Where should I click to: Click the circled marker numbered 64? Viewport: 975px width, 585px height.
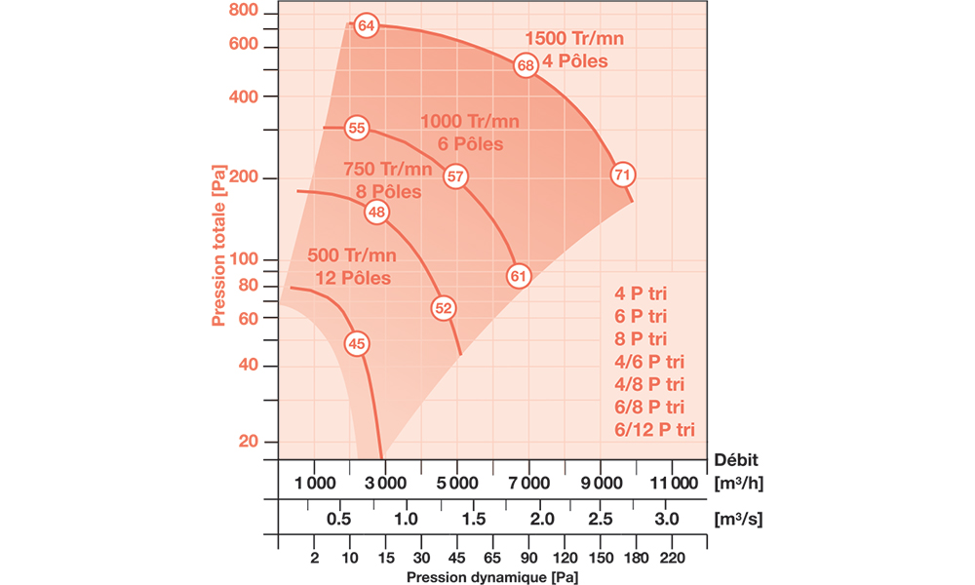(366, 25)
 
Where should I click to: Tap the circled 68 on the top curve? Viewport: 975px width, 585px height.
(526, 66)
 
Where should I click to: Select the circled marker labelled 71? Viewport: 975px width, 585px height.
(623, 175)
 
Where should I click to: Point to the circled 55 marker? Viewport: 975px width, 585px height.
(356, 128)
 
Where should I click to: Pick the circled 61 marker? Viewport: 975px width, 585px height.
(518, 276)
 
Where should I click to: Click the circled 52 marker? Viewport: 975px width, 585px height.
(444, 308)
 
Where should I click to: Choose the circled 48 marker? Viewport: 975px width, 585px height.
(377, 213)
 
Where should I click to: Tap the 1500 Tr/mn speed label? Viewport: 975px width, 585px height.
(574, 39)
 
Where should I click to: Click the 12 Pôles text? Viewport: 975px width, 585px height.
(352, 278)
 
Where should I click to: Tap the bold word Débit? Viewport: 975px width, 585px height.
(737, 459)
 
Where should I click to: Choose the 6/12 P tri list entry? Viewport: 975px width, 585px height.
(654, 428)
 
